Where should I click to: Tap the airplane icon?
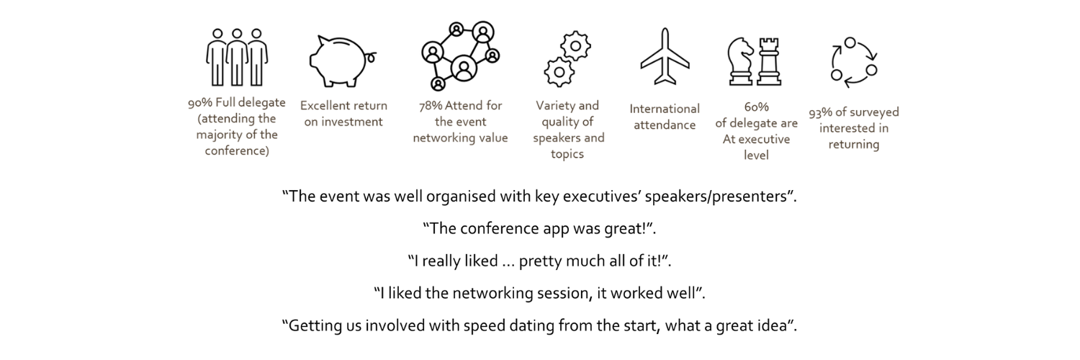tap(665, 57)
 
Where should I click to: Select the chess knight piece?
tap(741, 63)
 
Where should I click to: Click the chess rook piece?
tap(768, 63)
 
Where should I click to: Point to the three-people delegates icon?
tap(237, 58)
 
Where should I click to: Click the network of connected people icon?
tap(461, 56)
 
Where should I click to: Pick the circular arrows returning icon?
tap(854, 63)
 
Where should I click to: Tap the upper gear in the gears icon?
tap(576, 46)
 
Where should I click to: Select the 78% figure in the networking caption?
tap(431, 106)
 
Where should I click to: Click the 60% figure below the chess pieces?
tap(756, 107)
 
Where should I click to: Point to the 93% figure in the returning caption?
tap(821, 112)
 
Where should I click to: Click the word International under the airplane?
tap(665, 109)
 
